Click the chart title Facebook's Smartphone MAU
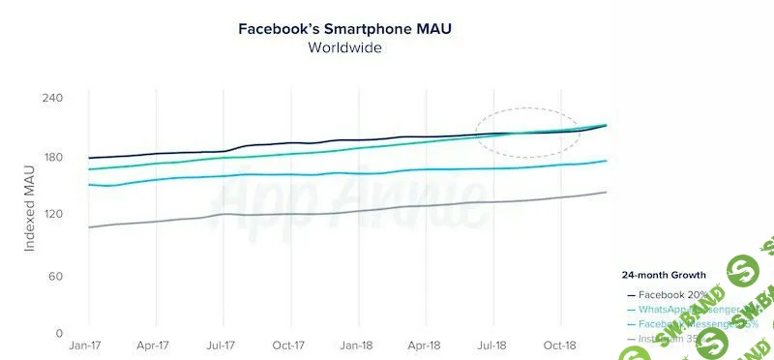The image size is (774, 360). click(345, 28)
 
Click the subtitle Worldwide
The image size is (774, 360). click(345, 47)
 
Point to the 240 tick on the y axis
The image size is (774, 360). click(52, 99)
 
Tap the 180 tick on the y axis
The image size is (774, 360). click(52, 158)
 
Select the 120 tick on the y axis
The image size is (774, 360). click(52, 215)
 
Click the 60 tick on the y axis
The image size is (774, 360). click(55, 277)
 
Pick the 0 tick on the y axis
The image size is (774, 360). click(59, 333)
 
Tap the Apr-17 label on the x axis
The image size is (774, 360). click(154, 345)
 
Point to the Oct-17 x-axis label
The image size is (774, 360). click(289, 345)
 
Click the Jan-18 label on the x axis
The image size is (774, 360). click(356, 345)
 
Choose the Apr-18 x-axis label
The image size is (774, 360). click(425, 345)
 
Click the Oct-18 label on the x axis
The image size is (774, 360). click(560, 345)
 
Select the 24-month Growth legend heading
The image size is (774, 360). click(664, 275)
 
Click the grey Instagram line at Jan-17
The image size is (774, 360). click(89, 227)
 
